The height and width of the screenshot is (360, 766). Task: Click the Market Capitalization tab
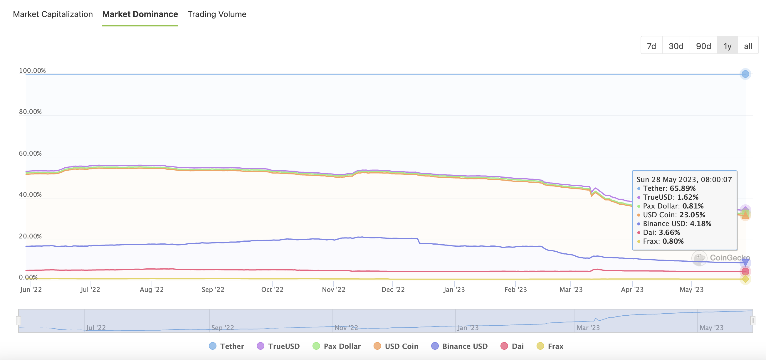53,14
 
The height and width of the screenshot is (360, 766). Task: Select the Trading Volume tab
217,14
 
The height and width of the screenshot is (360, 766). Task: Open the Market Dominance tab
140,14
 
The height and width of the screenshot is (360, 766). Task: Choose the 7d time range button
651,46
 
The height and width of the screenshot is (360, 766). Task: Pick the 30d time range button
676,46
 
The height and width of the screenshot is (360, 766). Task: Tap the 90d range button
703,46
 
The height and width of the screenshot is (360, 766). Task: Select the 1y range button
727,46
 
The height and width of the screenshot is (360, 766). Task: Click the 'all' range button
748,46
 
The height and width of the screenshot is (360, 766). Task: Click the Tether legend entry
226,346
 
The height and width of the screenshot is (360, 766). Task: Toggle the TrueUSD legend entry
278,346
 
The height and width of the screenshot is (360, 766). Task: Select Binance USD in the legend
459,346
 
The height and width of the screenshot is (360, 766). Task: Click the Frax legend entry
550,346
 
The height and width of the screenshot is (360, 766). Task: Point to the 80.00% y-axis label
30,112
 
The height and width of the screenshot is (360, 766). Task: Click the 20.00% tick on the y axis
30,236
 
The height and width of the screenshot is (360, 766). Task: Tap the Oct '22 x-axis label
272,290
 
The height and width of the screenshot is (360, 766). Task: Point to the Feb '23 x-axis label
515,290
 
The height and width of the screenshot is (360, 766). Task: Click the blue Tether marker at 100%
745,74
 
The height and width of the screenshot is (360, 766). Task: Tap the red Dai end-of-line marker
745,271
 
